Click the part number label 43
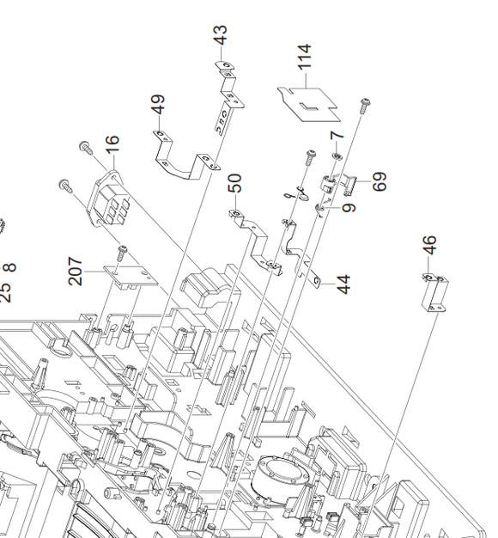pyautogui.click(x=222, y=35)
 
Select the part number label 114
pyautogui.click(x=304, y=56)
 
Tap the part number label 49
pyautogui.click(x=158, y=104)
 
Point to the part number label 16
pyautogui.click(x=112, y=144)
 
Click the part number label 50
pyautogui.click(x=235, y=183)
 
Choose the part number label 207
pyautogui.click(x=76, y=271)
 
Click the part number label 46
pyautogui.click(x=430, y=245)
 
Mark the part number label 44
pyautogui.click(x=344, y=284)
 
